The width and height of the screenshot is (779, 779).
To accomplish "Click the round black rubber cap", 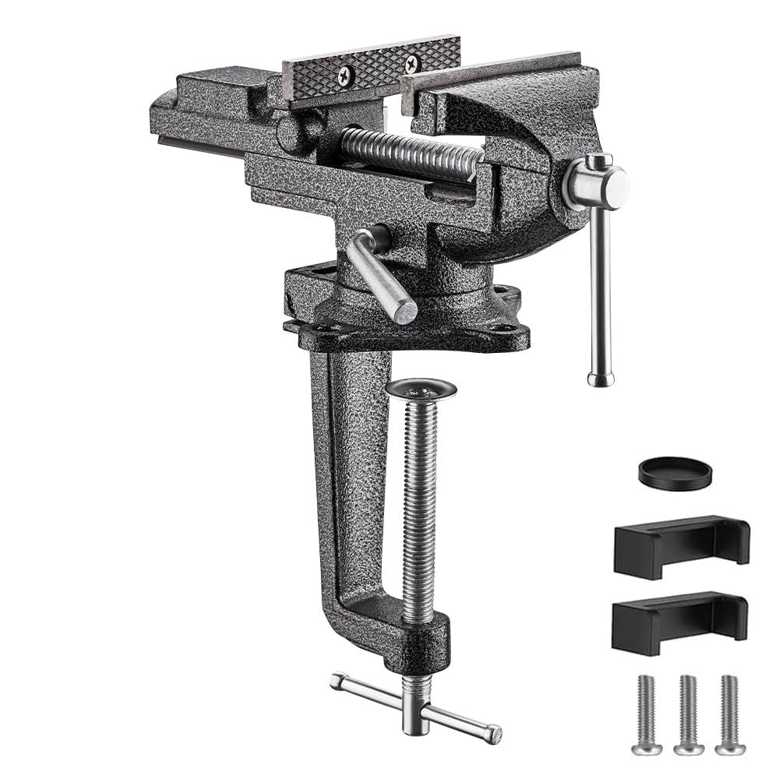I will pos(675,473).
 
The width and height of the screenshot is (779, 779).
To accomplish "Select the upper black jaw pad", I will pos(681,546).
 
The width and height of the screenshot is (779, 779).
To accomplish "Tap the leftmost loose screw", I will pos(646,714).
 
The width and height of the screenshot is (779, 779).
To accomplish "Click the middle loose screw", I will pos(688,714).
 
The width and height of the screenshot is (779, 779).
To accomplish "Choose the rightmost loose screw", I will pos(730,714).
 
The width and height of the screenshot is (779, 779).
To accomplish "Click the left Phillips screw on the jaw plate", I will pos(344,76).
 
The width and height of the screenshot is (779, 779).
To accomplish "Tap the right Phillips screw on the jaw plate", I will pos(411,63).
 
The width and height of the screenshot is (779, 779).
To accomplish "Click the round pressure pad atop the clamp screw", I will pos(421,388).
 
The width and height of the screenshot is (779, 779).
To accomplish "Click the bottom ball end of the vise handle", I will pos(600,379).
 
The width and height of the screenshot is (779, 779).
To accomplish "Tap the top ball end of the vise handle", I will pos(598,162).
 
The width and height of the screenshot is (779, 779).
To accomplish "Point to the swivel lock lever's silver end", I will pos(404,310).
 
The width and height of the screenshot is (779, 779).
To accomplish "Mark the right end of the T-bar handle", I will pos(492,734).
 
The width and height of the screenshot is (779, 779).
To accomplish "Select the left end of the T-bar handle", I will pos(337,680).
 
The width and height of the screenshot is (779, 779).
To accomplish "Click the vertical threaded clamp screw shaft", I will pos(419,506).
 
